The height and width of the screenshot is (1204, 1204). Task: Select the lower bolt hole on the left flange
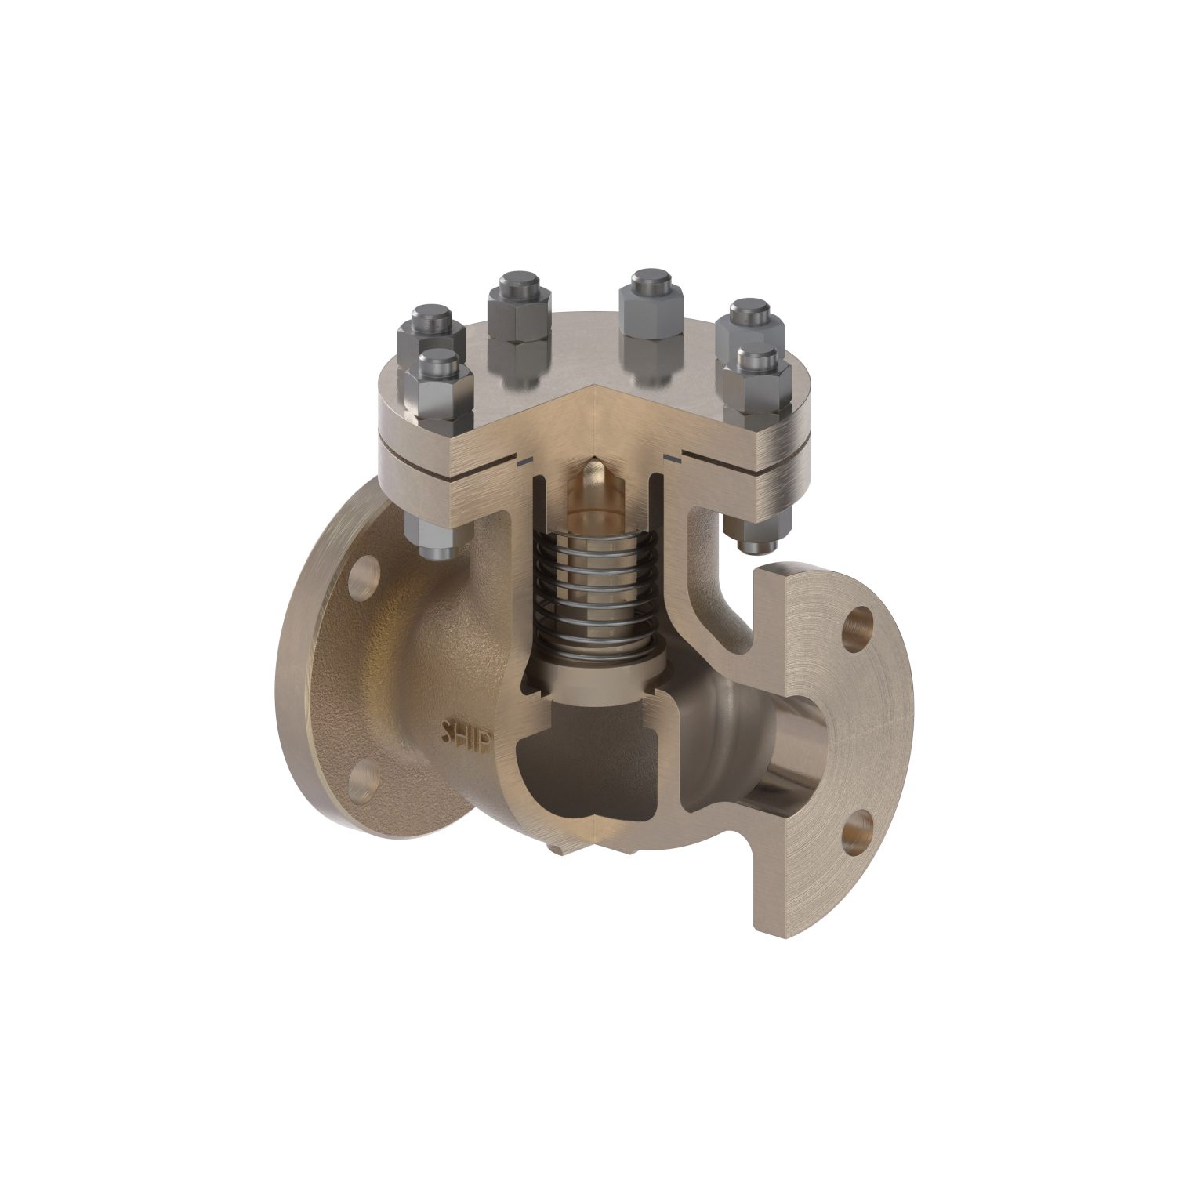(362, 779)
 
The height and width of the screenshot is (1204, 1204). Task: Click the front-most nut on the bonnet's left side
(438, 384)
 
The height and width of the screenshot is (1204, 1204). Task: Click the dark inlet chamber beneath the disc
(580, 760)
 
